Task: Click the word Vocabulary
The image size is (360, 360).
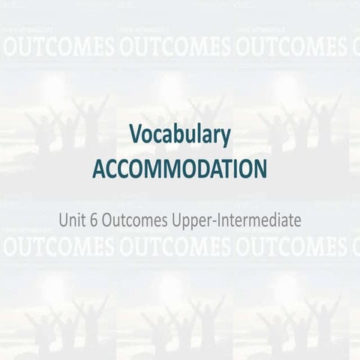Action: click(x=179, y=136)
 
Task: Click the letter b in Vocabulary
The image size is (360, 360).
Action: click(x=180, y=135)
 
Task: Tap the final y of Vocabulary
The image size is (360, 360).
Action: click(x=225, y=138)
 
